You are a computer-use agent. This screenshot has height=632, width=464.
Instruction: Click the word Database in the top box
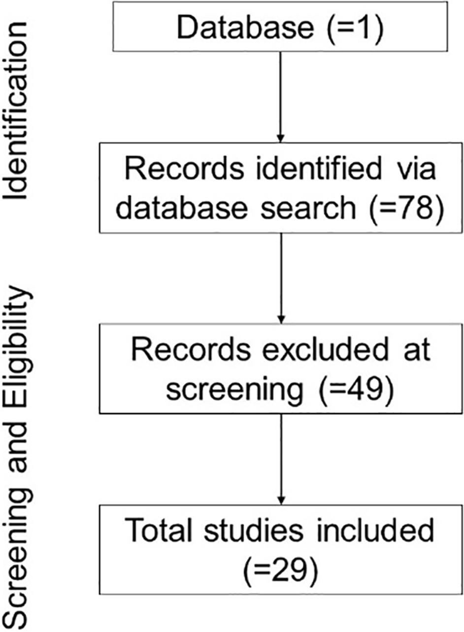pos(245,28)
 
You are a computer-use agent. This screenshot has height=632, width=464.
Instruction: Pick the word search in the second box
pos(308,208)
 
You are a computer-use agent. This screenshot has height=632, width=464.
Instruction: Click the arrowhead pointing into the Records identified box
pos(280,139)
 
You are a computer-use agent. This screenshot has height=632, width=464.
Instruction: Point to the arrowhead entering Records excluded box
pos(281,320)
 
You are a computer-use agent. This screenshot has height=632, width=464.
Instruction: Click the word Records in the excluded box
pos(191,350)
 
